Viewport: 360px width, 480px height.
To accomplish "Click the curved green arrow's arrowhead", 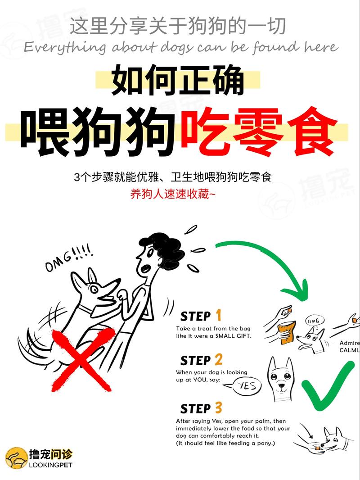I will coord(297,290).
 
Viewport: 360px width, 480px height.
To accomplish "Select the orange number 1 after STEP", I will coord(218,315).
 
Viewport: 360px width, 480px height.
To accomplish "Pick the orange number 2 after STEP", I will coord(218,359).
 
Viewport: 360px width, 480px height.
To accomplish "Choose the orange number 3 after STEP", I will coord(218,408).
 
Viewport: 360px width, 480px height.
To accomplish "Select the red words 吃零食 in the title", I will coord(258,131).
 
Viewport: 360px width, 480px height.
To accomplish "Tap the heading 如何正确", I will coord(178,80).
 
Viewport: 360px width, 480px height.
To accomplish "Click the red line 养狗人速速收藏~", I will coord(173,195).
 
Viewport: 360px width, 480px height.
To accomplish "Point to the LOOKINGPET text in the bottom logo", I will coord(50,465).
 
